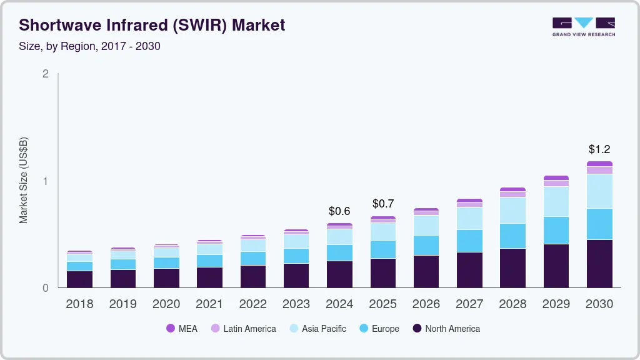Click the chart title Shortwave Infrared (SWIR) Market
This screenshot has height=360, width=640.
coord(152,25)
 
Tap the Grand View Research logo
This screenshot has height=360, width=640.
coord(583,26)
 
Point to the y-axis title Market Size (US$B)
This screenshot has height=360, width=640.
coord(24,180)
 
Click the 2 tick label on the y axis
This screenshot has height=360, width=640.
coord(45,74)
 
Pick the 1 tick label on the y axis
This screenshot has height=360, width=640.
coord(45,181)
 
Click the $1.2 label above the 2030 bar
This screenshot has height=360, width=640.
coord(599,149)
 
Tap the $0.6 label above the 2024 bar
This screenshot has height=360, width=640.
coord(339,211)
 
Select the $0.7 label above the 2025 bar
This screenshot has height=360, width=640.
coord(383,204)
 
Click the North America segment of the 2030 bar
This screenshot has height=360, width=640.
coord(599,263)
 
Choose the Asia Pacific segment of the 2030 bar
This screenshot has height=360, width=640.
coord(599,191)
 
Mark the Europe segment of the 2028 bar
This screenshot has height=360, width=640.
coord(512,236)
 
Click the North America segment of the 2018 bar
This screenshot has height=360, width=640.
coord(79,279)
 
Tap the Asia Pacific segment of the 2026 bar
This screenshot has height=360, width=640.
coord(426,225)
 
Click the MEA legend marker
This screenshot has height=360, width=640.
coord(170,328)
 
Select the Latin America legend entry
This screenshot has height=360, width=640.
coord(243,328)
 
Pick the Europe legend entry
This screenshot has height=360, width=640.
coord(379,328)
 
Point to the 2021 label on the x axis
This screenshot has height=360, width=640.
coord(209,304)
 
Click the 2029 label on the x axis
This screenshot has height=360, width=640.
coord(556,304)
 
